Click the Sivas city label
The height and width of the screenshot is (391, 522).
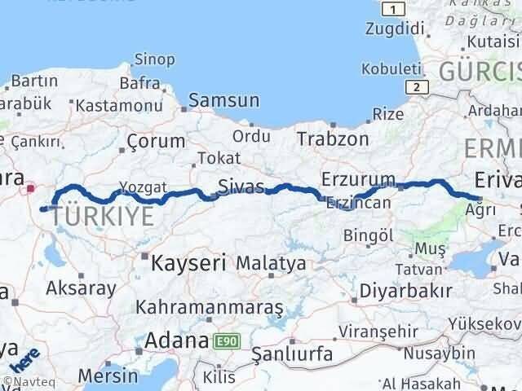click(241, 187)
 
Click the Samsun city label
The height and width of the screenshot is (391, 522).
click(223, 101)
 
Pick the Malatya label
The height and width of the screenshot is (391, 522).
click(271, 263)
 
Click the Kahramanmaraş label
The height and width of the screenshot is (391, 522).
click(210, 307)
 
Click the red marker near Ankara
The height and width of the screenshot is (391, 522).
click(31, 188)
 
